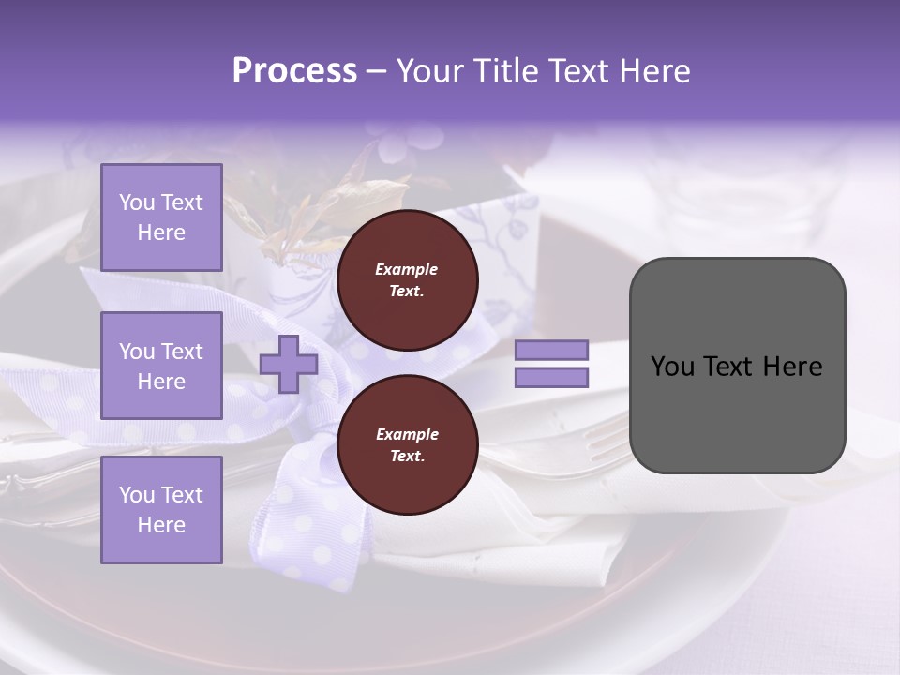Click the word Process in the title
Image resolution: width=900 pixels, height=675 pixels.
(294, 71)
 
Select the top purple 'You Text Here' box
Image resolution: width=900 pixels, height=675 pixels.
(161, 217)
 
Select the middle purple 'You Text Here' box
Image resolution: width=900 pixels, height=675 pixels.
(161, 366)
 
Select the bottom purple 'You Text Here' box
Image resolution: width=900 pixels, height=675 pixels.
(161, 509)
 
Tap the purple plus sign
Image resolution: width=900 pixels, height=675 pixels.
(289, 364)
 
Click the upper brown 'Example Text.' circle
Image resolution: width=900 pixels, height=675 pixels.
(407, 280)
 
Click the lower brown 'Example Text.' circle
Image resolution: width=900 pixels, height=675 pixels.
(407, 445)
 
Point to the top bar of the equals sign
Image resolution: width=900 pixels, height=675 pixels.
(551, 350)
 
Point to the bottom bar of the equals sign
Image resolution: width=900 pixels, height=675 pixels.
(551, 377)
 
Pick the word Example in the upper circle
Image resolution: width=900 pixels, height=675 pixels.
(407, 269)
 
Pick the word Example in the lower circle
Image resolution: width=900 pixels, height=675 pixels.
(407, 434)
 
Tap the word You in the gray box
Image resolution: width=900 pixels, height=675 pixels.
(673, 367)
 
